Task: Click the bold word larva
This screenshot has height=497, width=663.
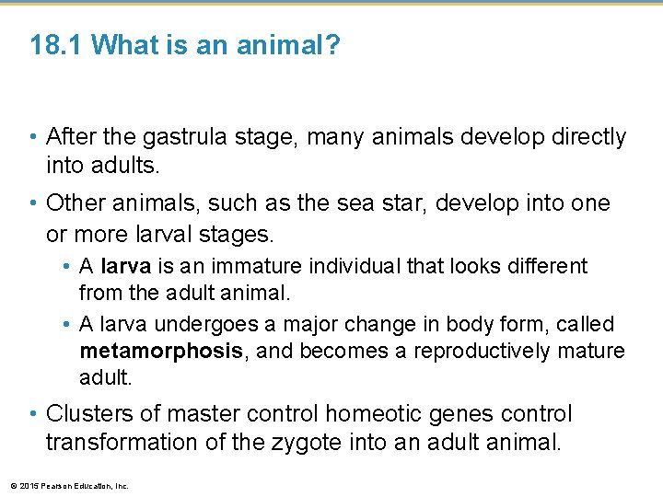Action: [x=126, y=267]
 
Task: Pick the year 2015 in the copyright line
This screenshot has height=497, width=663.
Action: [x=26, y=486]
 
